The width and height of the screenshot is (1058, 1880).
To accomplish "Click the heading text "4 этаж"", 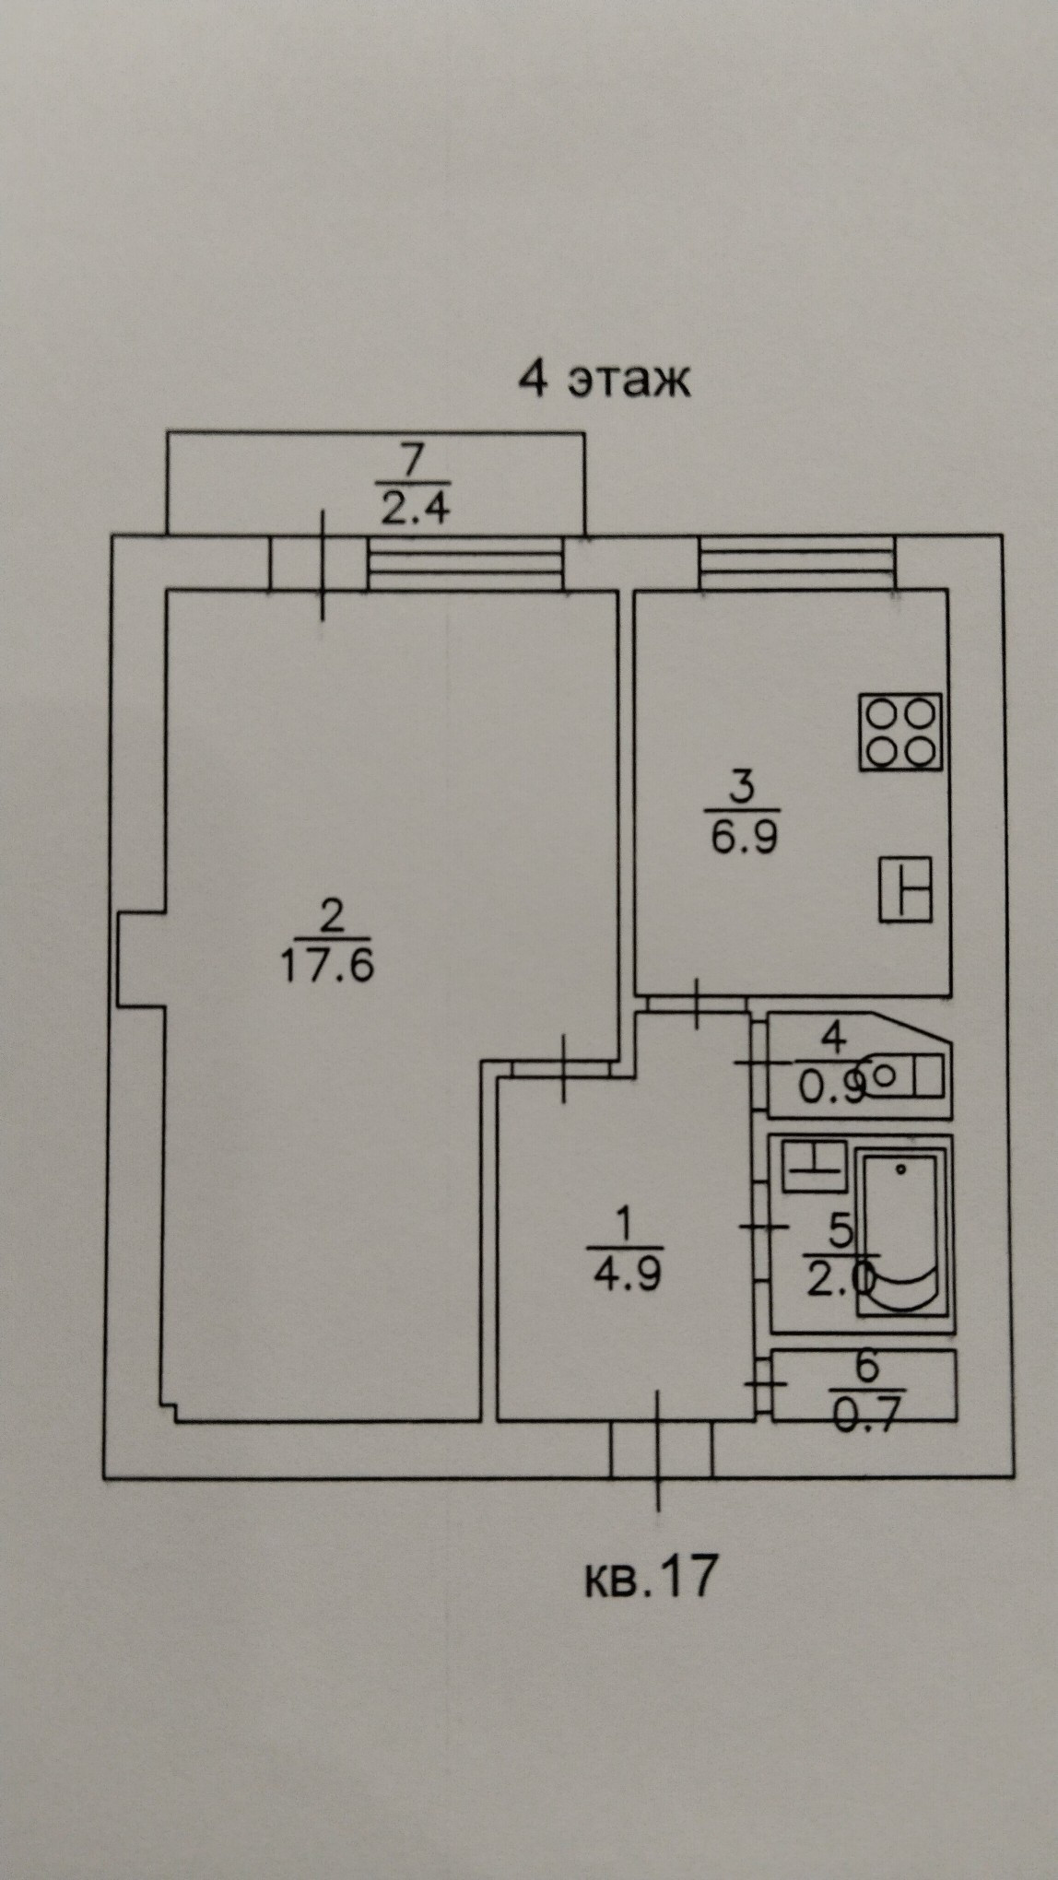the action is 605,379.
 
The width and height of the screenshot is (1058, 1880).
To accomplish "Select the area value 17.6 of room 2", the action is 326,965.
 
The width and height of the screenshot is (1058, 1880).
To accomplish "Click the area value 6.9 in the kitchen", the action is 744,838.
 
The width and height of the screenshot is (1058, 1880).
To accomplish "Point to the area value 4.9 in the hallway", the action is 626,1276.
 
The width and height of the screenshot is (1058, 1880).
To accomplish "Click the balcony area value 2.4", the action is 415,508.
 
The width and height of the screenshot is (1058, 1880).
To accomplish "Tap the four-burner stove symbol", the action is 900,732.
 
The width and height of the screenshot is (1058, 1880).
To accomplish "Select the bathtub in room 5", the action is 901,1232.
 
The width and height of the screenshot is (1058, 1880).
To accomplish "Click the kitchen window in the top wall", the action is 796,562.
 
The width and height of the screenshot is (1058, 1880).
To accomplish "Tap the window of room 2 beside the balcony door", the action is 464,562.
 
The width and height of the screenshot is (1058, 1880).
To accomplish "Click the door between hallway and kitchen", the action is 696,1004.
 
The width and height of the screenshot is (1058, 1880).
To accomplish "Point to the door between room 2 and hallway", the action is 564,1067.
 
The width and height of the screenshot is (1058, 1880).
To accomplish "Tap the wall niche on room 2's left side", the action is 141,958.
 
